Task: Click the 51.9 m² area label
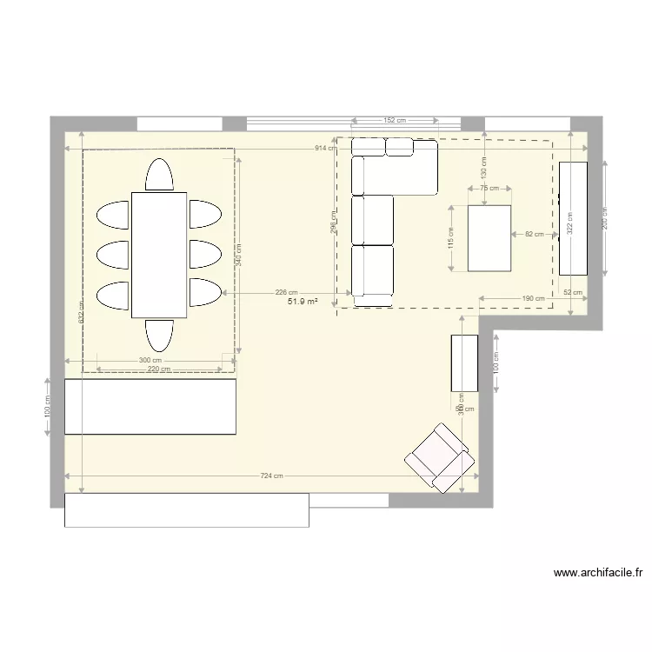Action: pyautogui.click(x=303, y=302)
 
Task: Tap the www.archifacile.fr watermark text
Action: pyautogui.click(x=597, y=573)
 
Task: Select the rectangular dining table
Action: pyautogui.click(x=159, y=255)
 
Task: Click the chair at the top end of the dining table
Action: pyautogui.click(x=159, y=175)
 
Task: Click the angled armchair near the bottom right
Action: pyautogui.click(x=441, y=458)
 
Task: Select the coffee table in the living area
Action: pyautogui.click(x=489, y=237)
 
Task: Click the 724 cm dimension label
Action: pyautogui.click(x=271, y=476)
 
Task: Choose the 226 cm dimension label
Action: pyautogui.click(x=286, y=293)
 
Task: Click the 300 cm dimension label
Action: pyautogui.click(x=150, y=360)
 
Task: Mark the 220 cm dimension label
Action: pyautogui.click(x=158, y=369)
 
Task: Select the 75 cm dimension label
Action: pyautogui.click(x=489, y=188)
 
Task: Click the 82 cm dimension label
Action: pyautogui.click(x=532, y=234)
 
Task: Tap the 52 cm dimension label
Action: pyautogui.click(x=573, y=293)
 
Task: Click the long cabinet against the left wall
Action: pyautogui.click(x=150, y=406)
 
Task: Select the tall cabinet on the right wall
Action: pyautogui.click(x=574, y=217)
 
